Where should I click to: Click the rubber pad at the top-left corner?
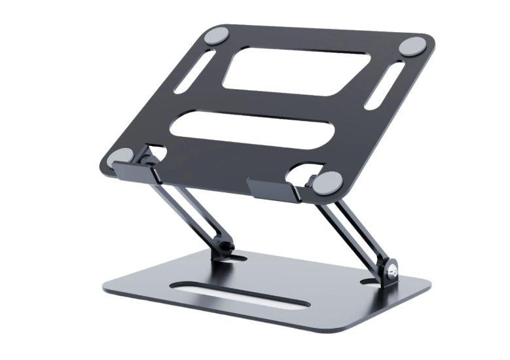(216, 35)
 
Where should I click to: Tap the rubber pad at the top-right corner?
(412, 46)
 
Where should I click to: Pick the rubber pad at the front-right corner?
(327, 182)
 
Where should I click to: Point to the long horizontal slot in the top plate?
(252, 128)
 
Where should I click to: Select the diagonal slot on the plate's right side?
(384, 85)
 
